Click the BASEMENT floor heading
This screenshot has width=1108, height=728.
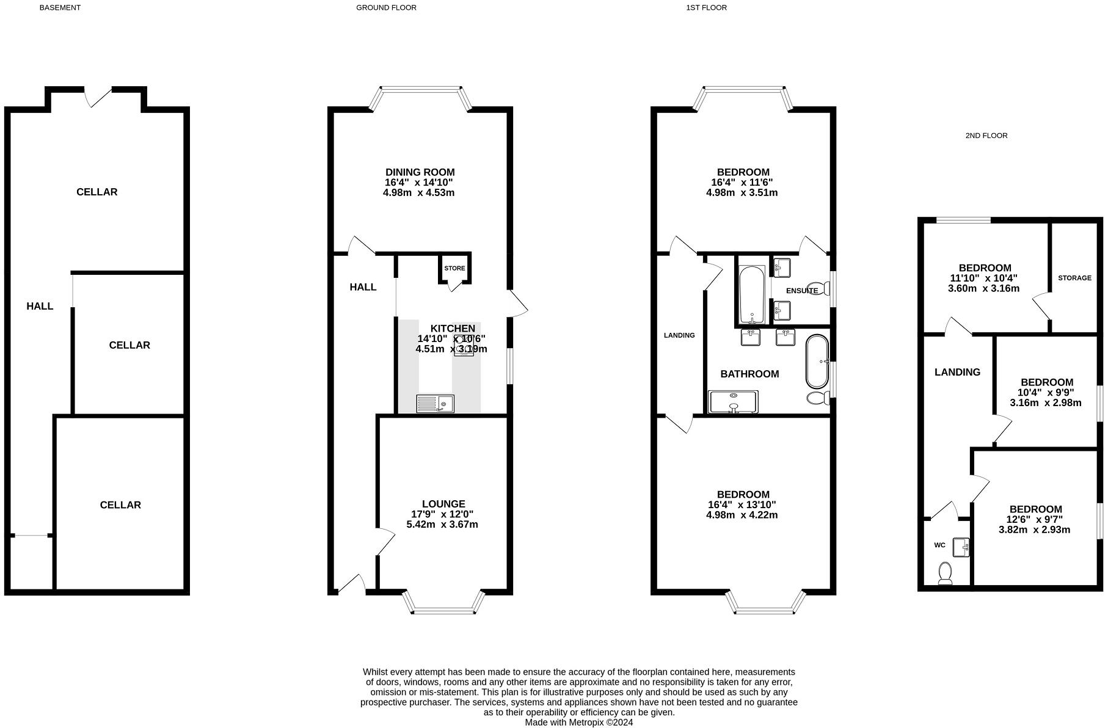click(60, 8)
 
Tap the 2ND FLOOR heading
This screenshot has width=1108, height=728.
click(986, 136)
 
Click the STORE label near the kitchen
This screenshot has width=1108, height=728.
click(454, 268)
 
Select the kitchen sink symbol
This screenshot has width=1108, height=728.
click(435, 404)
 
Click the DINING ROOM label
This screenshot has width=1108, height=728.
click(420, 172)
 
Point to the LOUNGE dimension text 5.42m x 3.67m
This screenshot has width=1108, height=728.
click(442, 524)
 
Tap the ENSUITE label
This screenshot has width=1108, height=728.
click(801, 291)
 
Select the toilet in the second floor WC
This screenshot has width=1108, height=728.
click(945, 573)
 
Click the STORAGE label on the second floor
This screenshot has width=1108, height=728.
click(1074, 278)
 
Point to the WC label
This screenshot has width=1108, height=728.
click(939, 545)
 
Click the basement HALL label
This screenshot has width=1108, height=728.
click(40, 306)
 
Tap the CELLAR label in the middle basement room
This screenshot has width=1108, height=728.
click(129, 345)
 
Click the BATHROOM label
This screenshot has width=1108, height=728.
click(749, 374)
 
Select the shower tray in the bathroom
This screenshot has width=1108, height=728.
click(732, 402)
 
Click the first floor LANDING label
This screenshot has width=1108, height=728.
click(679, 335)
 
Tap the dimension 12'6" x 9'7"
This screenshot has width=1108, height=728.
click(1035, 520)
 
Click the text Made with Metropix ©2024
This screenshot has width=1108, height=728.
click(578, 722)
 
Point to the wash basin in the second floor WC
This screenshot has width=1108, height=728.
click(961, 547)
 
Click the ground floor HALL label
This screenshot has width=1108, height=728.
click(363, 287)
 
